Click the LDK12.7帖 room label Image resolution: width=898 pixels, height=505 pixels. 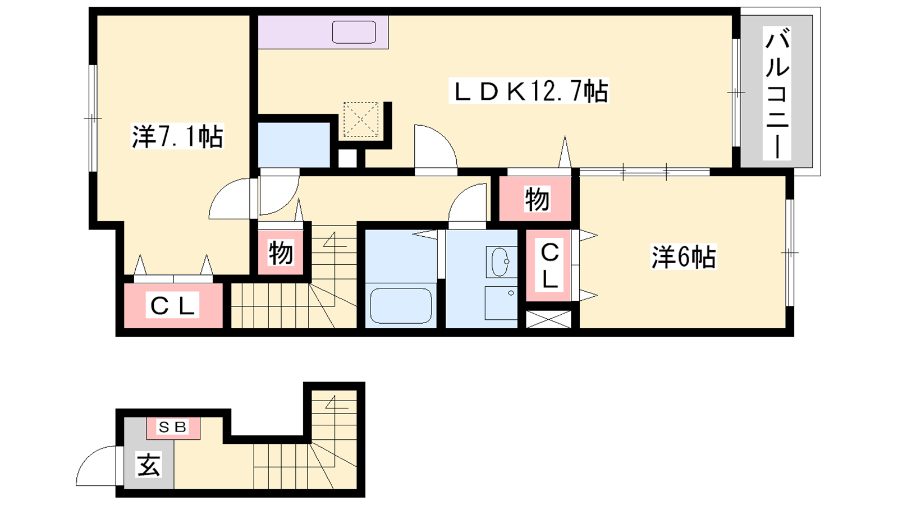click(x=529, y=91)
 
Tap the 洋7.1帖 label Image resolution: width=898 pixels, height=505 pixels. click(x=177, y=137)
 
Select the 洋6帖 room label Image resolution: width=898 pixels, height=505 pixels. click(x=683, y=256)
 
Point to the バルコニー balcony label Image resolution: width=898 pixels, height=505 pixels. click(x=777, y=93)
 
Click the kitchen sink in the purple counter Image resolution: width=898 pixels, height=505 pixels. click(x=354, y=32)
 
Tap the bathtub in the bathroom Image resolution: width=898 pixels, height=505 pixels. click(x=401, y=305)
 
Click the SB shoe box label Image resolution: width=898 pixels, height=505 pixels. click(x=173, y=428)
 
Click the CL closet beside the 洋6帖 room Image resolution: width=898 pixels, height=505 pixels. click(x=549, y=265)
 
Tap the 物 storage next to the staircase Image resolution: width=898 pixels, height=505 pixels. click(x=281, y=252)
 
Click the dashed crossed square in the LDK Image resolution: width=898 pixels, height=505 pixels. click(x=361, y=120)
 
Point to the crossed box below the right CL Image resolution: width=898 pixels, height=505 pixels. click(x=548, y=319)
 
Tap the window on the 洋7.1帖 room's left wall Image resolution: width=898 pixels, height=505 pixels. click(x=93, y=118)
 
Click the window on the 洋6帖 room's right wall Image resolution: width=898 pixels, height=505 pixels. click(x=789, y=252)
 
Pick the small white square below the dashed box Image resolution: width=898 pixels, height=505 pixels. click(x=347, y=159)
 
